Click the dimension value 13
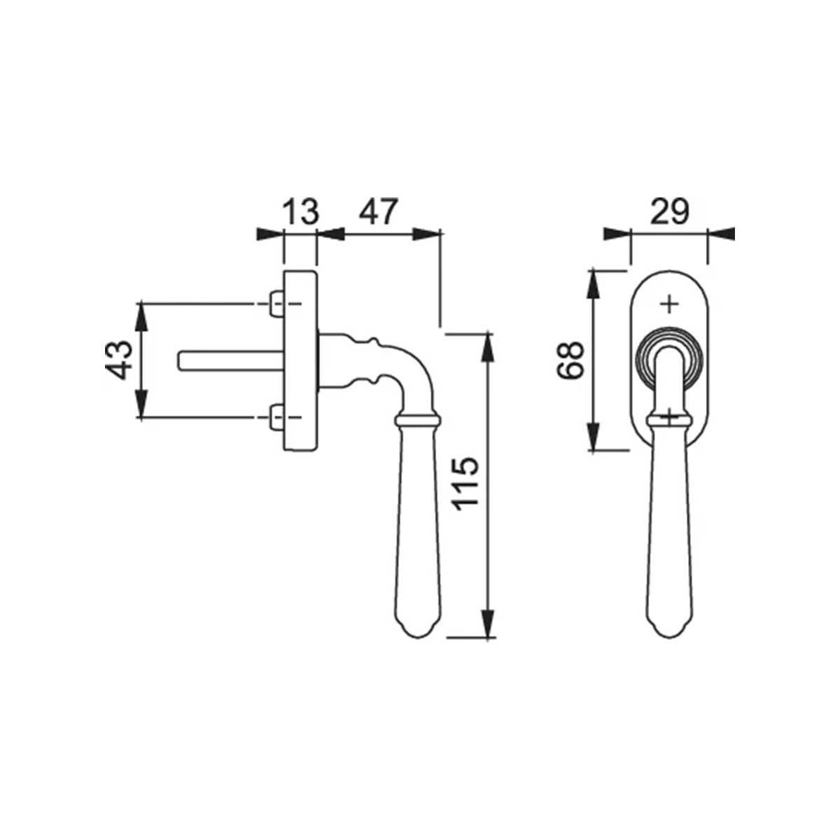301,211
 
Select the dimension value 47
379,211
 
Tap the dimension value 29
670,211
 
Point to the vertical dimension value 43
118,360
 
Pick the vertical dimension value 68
570,360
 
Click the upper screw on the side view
276,304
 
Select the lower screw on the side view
276,417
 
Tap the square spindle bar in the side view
231,362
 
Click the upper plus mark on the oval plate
670,304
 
